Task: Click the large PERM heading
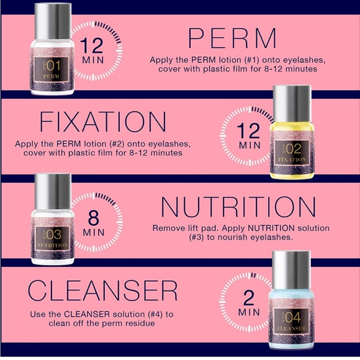point(232,38)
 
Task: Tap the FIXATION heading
point(103,122)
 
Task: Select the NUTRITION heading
point(238,207)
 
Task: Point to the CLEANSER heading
point(102,290)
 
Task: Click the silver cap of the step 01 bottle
point(53,22)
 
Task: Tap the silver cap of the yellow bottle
point(292,104)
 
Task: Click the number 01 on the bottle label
point(53,66)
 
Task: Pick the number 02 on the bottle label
point(294,149)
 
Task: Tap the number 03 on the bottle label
point(54,235)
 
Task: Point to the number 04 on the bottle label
point(293,318)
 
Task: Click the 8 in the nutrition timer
point(93,218)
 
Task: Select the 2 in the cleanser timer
point(249,297)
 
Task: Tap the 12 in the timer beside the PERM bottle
point(92,45)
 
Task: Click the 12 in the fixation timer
point(248,130)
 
